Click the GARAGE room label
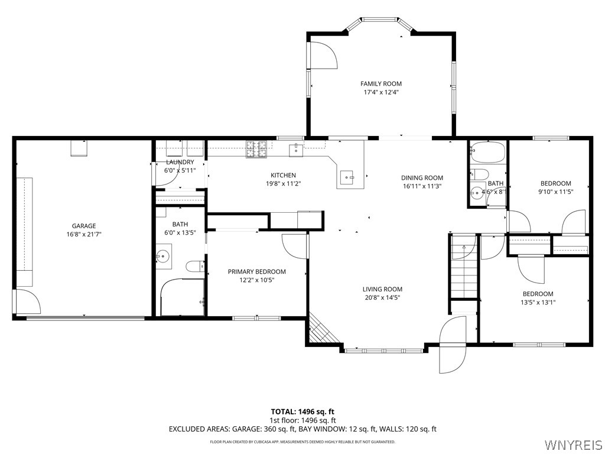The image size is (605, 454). [84, 226]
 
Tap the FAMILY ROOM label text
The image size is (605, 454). [381, 83]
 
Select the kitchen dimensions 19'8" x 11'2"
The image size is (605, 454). [283, 184]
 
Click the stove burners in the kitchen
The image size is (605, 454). [256, 150]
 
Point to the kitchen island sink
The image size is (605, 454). [347, 177]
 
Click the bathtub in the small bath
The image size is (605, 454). [487, 152]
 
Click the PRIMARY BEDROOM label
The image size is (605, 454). [256, 271]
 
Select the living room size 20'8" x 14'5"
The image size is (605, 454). [382, 297]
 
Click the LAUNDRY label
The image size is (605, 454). [180, 162]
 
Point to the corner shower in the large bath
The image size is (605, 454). [182, 297]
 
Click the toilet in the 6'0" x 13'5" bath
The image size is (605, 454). [196, 267]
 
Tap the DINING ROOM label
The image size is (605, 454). [422, 177]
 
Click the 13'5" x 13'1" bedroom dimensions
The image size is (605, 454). [538, 302]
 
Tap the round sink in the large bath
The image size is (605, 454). [164, 256]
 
